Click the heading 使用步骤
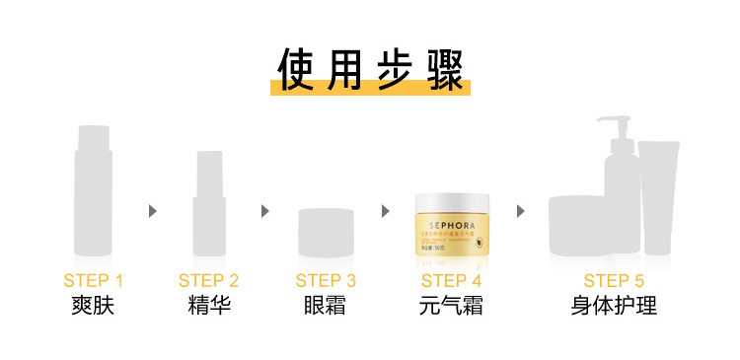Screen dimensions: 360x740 pyautogui.click(x=370, y=69)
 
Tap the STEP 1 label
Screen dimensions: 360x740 pyautogui.click(x=94, y=280)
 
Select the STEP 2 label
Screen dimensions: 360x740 pyautogui.click(x=209, y=280)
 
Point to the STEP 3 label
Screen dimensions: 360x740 pyautogui.click(x=326, y=280)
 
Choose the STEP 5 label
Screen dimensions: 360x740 pyautogui.click(x=614, y=280)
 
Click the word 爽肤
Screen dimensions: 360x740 pyautogui.click(x=94, y=306)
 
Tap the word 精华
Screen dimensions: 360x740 pyautogui.click(x=209, y=306)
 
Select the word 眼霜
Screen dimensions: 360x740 pyautogui.click(x=326, y=306)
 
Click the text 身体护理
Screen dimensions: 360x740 pyautogui.click(x=614, y=306)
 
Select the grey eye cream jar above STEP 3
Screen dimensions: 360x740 pyautogui.click(x=326, y=229)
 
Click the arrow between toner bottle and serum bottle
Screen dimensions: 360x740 pyautogui.click(x=152, y=211)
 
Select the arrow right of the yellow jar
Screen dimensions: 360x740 pyautogui.click(x=520, y=211)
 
